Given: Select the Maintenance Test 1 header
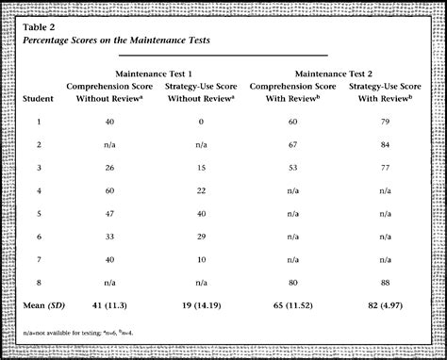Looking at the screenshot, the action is coord(156,73).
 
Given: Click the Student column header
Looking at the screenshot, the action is coord(39,97).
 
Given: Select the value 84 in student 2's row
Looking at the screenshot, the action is coord(383,145).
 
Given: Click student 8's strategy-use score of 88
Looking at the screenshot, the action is coord(383,283).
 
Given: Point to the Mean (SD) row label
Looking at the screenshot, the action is coord(45,305).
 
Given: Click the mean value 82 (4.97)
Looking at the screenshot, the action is coord(383,305).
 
